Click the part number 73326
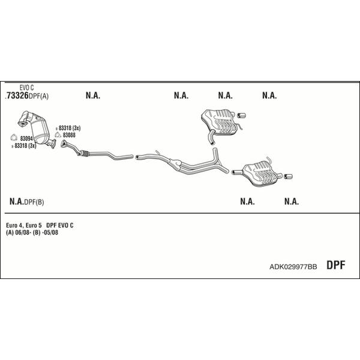click(17, 95)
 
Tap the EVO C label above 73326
click(26, 88)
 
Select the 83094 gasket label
click(26, 139)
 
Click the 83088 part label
click(69, 135)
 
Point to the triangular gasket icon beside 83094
click(14, 137)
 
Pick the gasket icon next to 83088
click(58, 135)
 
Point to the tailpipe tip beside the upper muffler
click(241, 115)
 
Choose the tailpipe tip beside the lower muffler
click(288, 176)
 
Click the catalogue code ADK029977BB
click(293, 266)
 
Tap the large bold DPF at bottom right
click(336, 265)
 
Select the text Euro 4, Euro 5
click(23, 225)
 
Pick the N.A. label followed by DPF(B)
click(16, 202)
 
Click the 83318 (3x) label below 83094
click(25, 146)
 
